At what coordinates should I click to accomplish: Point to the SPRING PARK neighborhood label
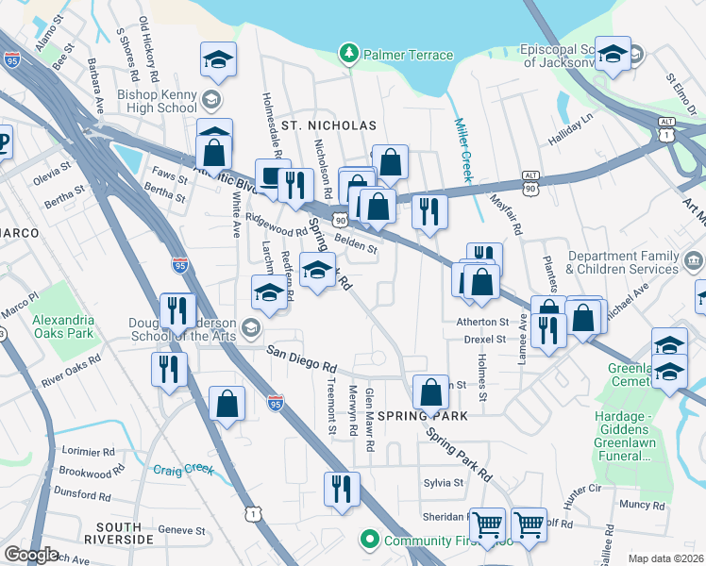[x=422, y=416]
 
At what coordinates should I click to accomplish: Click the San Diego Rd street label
[x=301, y=358]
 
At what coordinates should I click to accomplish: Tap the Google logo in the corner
[x=31, y=555]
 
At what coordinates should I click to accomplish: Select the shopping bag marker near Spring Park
[x=430, y=391]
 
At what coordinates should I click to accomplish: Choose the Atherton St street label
[x=484, y=322]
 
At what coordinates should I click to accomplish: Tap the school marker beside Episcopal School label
[x=614, y=56]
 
